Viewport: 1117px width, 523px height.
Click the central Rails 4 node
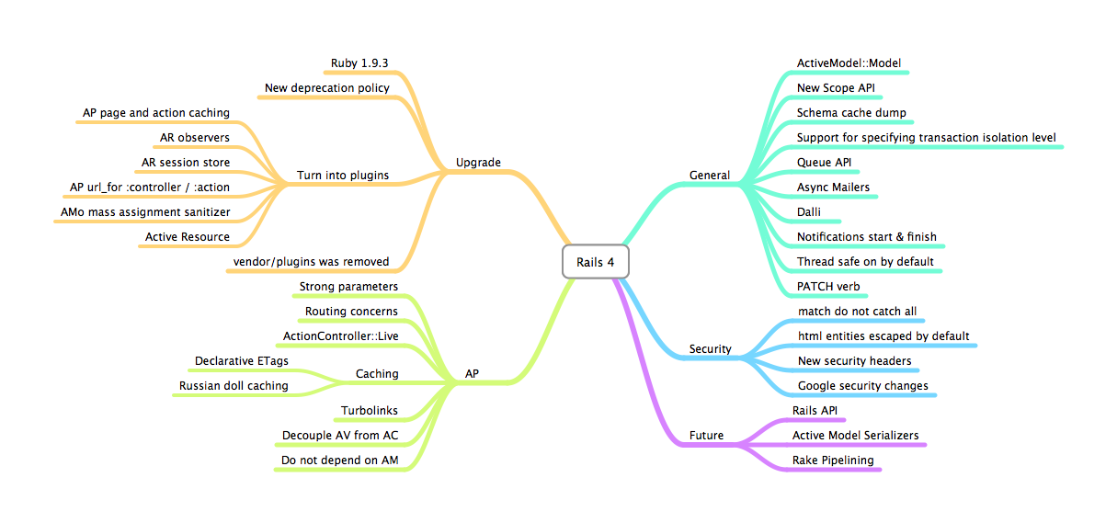point(595,262)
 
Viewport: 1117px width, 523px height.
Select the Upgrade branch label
point(478,163)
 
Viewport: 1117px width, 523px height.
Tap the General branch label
point(710,175)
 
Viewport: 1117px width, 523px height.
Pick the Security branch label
point(711,348)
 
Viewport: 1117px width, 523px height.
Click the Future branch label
point(706,435)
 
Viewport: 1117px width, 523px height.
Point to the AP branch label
point(472,374)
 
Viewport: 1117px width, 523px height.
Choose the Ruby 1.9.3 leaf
point(360,63)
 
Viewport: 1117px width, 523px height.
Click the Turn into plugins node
point(343,175)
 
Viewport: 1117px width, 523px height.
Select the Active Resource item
point(187,237)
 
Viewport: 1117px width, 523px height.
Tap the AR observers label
point(194,138)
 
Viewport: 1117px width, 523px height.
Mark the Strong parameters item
point(348,287)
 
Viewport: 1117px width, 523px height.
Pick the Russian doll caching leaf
point(234,386)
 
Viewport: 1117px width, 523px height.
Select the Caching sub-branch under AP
point(377,374)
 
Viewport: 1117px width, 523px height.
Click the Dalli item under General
point(808,212)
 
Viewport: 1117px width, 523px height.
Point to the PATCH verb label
point(828,287)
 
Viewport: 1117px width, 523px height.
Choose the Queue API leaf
point(824,163)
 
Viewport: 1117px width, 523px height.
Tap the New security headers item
point(854,361)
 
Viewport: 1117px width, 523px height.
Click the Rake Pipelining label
point(833,460)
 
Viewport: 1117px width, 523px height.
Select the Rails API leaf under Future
point(815,410)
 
